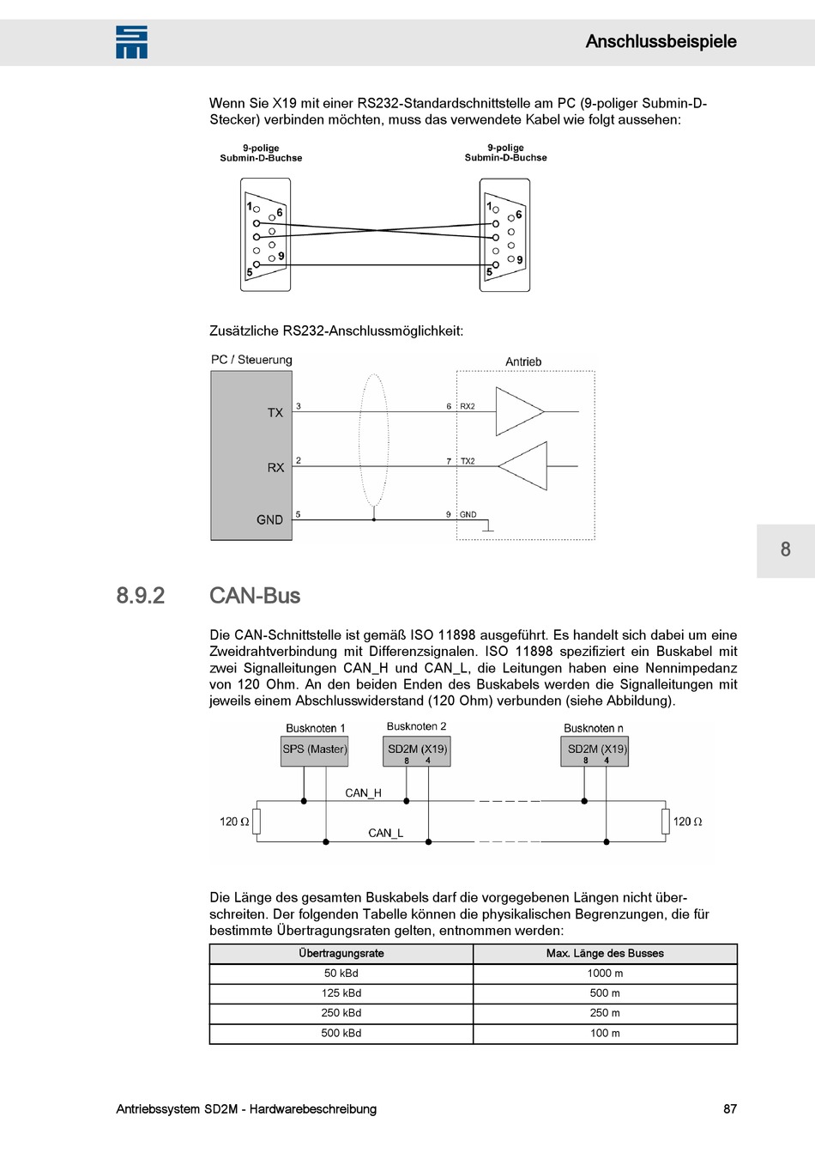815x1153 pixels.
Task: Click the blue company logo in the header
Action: click(x=131, y=42)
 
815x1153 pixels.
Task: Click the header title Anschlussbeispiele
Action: click(x=661, y=41)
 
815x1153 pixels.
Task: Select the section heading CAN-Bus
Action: click(x=255, y=596)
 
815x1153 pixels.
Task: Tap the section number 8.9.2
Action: click(x=141, y=596)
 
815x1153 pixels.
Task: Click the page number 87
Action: click(x=729, y=1109)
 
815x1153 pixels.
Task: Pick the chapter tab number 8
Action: click(x=785, y=549)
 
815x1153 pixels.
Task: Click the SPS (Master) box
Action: click(x=315, y=749)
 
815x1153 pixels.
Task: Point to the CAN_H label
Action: click(x=363, y=793)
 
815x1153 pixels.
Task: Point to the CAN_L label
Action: click(x=385, y=833)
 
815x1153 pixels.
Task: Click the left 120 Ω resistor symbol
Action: click(x=256, y=822)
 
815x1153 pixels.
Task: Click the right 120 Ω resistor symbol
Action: click(x=665, y=822)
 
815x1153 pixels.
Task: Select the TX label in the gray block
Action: click(x=275, y=413)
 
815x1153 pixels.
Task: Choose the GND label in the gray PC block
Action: click(x=269, y=520)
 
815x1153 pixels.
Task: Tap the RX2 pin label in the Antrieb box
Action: click(x=468, y=407)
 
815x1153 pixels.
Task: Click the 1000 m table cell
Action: click(x=605, y=974)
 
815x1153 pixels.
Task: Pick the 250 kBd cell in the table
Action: click(x=341, y=1013)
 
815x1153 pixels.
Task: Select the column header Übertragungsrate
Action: click(x=341, y=954)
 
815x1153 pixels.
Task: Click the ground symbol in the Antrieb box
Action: click(x=488, y=527)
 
